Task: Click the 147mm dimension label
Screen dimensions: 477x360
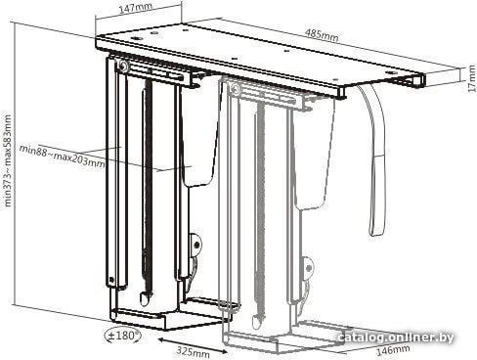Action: [x=134, y=8]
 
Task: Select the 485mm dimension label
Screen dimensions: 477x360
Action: [x=322, y=35]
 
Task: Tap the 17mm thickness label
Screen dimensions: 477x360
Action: [x=471, y=78]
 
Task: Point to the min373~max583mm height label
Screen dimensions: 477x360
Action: [x=8, y=160]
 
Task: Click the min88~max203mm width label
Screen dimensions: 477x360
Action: [x=62, y=157]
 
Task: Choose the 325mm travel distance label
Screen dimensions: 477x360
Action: [x=194, y=352]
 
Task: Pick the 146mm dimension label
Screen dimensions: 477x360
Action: [x=393, y=350]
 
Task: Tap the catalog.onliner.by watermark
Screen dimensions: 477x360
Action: [x=396, y=337]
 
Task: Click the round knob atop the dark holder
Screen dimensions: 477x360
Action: [x=123, y=67]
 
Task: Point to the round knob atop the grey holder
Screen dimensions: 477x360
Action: [x=235, y=88]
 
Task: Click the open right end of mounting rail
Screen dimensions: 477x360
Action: [x=419, y=81]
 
